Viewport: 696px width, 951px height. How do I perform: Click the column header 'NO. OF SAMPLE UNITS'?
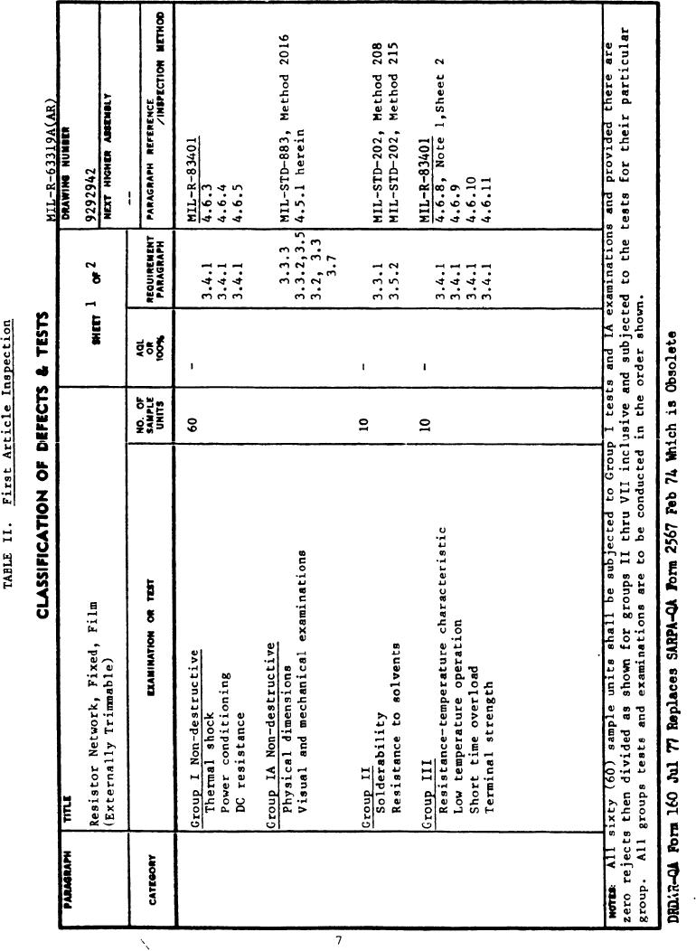pos(151,419)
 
